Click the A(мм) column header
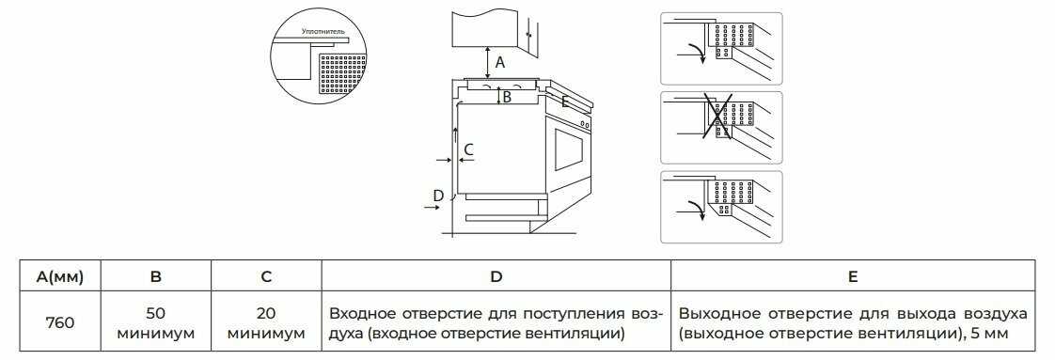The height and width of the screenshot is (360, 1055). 60,276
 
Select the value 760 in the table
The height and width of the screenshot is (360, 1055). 60,323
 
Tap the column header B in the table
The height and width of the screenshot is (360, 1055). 156,276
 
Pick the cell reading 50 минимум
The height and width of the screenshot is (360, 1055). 156,323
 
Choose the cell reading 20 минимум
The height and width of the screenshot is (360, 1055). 266,323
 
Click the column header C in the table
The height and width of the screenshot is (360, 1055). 266,276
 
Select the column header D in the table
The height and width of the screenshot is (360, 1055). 496,276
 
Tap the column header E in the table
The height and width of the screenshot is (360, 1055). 853,276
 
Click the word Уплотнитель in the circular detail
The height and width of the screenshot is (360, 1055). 323,31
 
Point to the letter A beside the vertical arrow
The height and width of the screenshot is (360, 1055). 500,63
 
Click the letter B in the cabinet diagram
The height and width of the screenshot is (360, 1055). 508,97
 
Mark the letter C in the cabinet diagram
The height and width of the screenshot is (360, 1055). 469,149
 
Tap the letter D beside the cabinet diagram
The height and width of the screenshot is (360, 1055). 438,196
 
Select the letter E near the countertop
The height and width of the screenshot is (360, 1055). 565,102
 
